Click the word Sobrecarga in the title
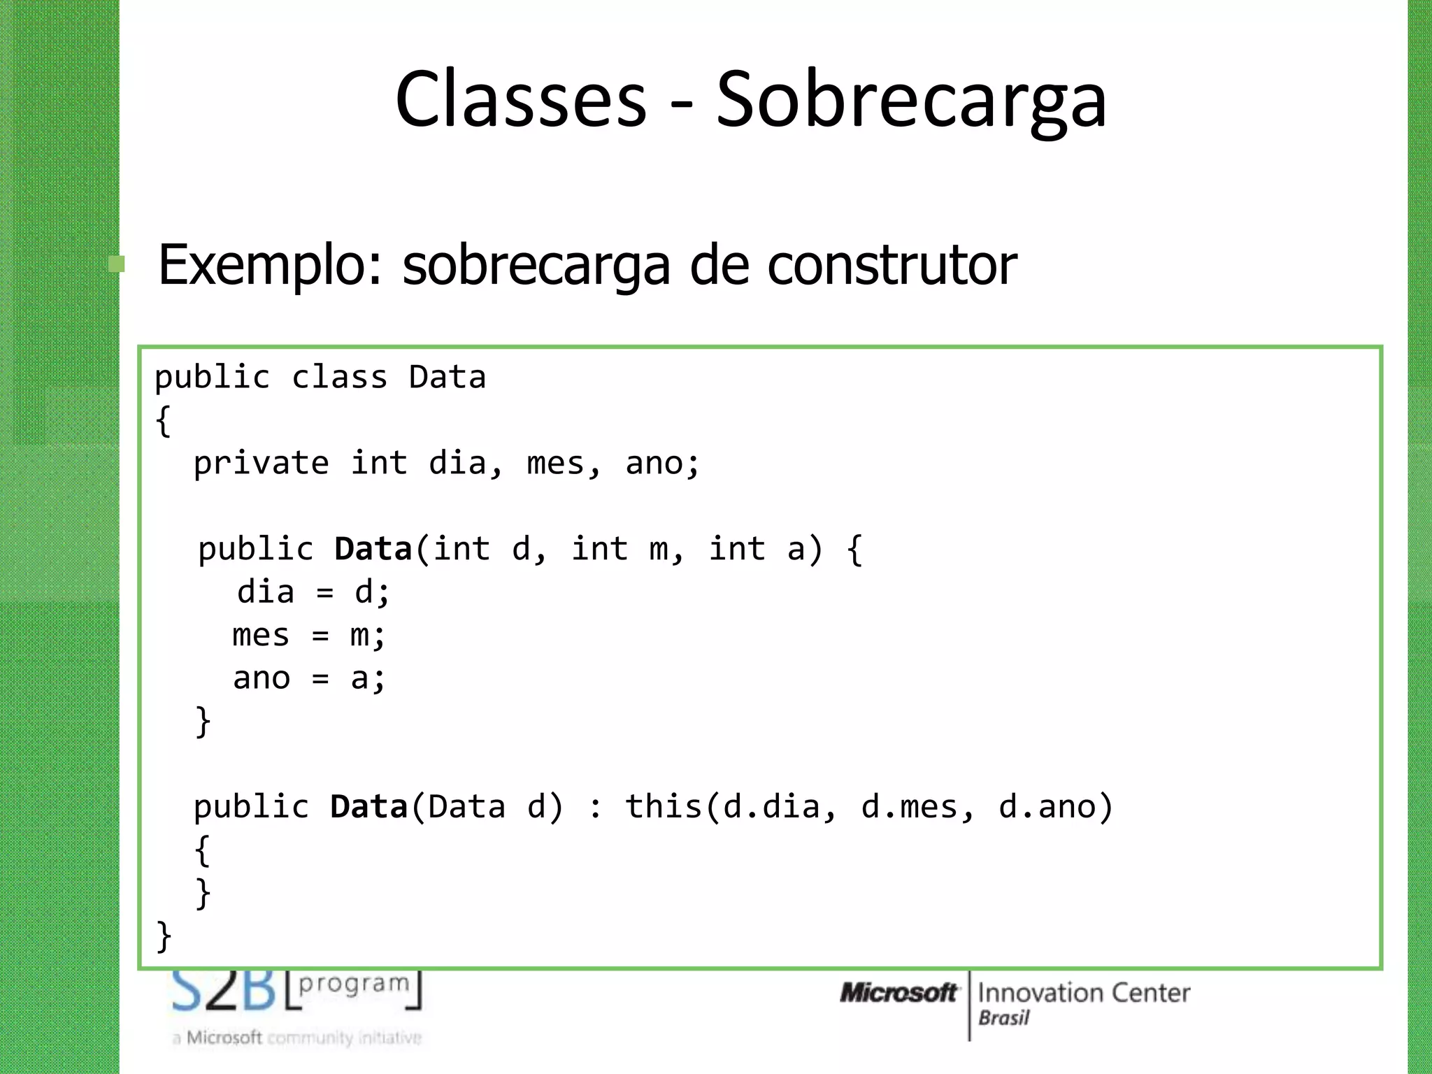[x=911, y=99]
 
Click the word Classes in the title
[x=521, y=99]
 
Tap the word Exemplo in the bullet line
[x=270, y=265]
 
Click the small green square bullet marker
[x=117, y=264]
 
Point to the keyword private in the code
[x=261, y=464]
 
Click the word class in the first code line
[x=339, y=378]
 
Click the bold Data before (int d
[x=373, y=550]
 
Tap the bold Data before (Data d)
[x=368, y=807]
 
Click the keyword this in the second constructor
[x=663, y=807]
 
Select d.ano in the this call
[x=1047, y=807]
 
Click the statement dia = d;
[x=313, y=593]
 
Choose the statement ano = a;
[x=308, y=678]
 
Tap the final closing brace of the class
[x=164, y=936]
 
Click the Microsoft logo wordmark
[x=898, y=993]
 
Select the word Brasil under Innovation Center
[x=1003, y=1018]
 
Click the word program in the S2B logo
[x=354, y=983]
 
